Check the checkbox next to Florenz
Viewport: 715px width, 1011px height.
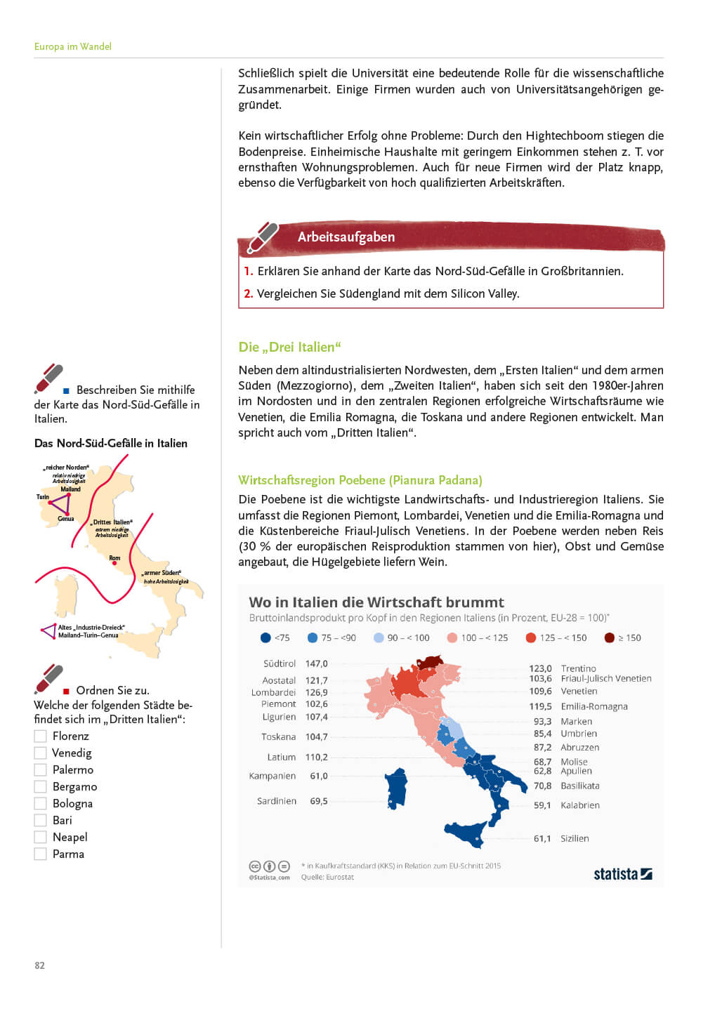(41, 736)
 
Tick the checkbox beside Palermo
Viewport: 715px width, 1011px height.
(41, 769)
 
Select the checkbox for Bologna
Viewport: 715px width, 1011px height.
(41, 803)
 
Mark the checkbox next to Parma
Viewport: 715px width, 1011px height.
(41, 854)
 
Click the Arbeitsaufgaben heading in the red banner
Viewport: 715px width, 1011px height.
(346, 237)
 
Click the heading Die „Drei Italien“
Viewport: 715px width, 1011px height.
(289, 347)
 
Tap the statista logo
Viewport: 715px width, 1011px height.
(622, 874)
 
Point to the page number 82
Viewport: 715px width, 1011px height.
(39, 965)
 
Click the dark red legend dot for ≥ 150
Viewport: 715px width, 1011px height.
(610, 637)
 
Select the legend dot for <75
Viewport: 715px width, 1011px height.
(265, 637)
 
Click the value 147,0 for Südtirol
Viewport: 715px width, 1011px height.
(316, 663)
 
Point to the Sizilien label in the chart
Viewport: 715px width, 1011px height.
(575, 838)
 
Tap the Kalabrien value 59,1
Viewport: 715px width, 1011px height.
(542, 805)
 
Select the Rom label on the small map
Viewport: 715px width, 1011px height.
(114, 558)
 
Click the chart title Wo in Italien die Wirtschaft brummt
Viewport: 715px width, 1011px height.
(376, 602)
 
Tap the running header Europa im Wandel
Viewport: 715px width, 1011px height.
(73, 46)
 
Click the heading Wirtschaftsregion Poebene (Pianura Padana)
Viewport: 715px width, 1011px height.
(360, 480)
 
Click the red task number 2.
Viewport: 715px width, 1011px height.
(248, 293)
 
